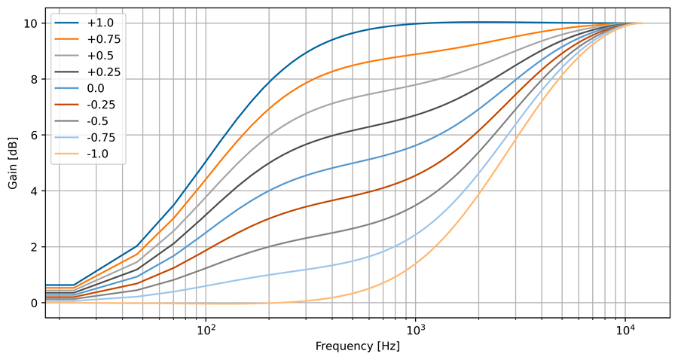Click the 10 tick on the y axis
click(x=30, y=23)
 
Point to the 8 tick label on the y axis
click(x=33, y=79)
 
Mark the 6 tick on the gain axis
click(x=33, y=136)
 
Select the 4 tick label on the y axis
click(x=33, y=191)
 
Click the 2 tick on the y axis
click(x=33, y=247)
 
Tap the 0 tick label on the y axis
click(x=33, y=303)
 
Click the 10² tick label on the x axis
click(x=206, y=330)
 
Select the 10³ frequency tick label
click(x=415, y=330)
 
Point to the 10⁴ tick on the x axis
click(x=625, y=330)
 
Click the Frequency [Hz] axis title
click(x=356, y=347)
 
